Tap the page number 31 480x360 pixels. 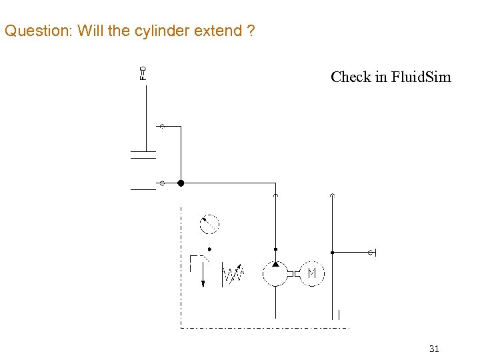pos(434,349)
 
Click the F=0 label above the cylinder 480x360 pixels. pos(143,73)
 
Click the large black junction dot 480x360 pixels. pos(180,183)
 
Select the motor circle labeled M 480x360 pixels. pos(311,273)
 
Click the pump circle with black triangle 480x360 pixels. pos(275,273)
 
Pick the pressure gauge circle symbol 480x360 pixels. pos(210,224)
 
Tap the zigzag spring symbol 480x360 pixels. pos(233,274)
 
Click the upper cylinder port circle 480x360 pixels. pos(161,126)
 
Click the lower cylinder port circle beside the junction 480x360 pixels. pos(161,183)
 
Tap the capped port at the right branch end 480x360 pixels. pos(371,253)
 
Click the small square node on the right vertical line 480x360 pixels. pos(332,253)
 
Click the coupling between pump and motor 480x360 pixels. pos(293,273)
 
